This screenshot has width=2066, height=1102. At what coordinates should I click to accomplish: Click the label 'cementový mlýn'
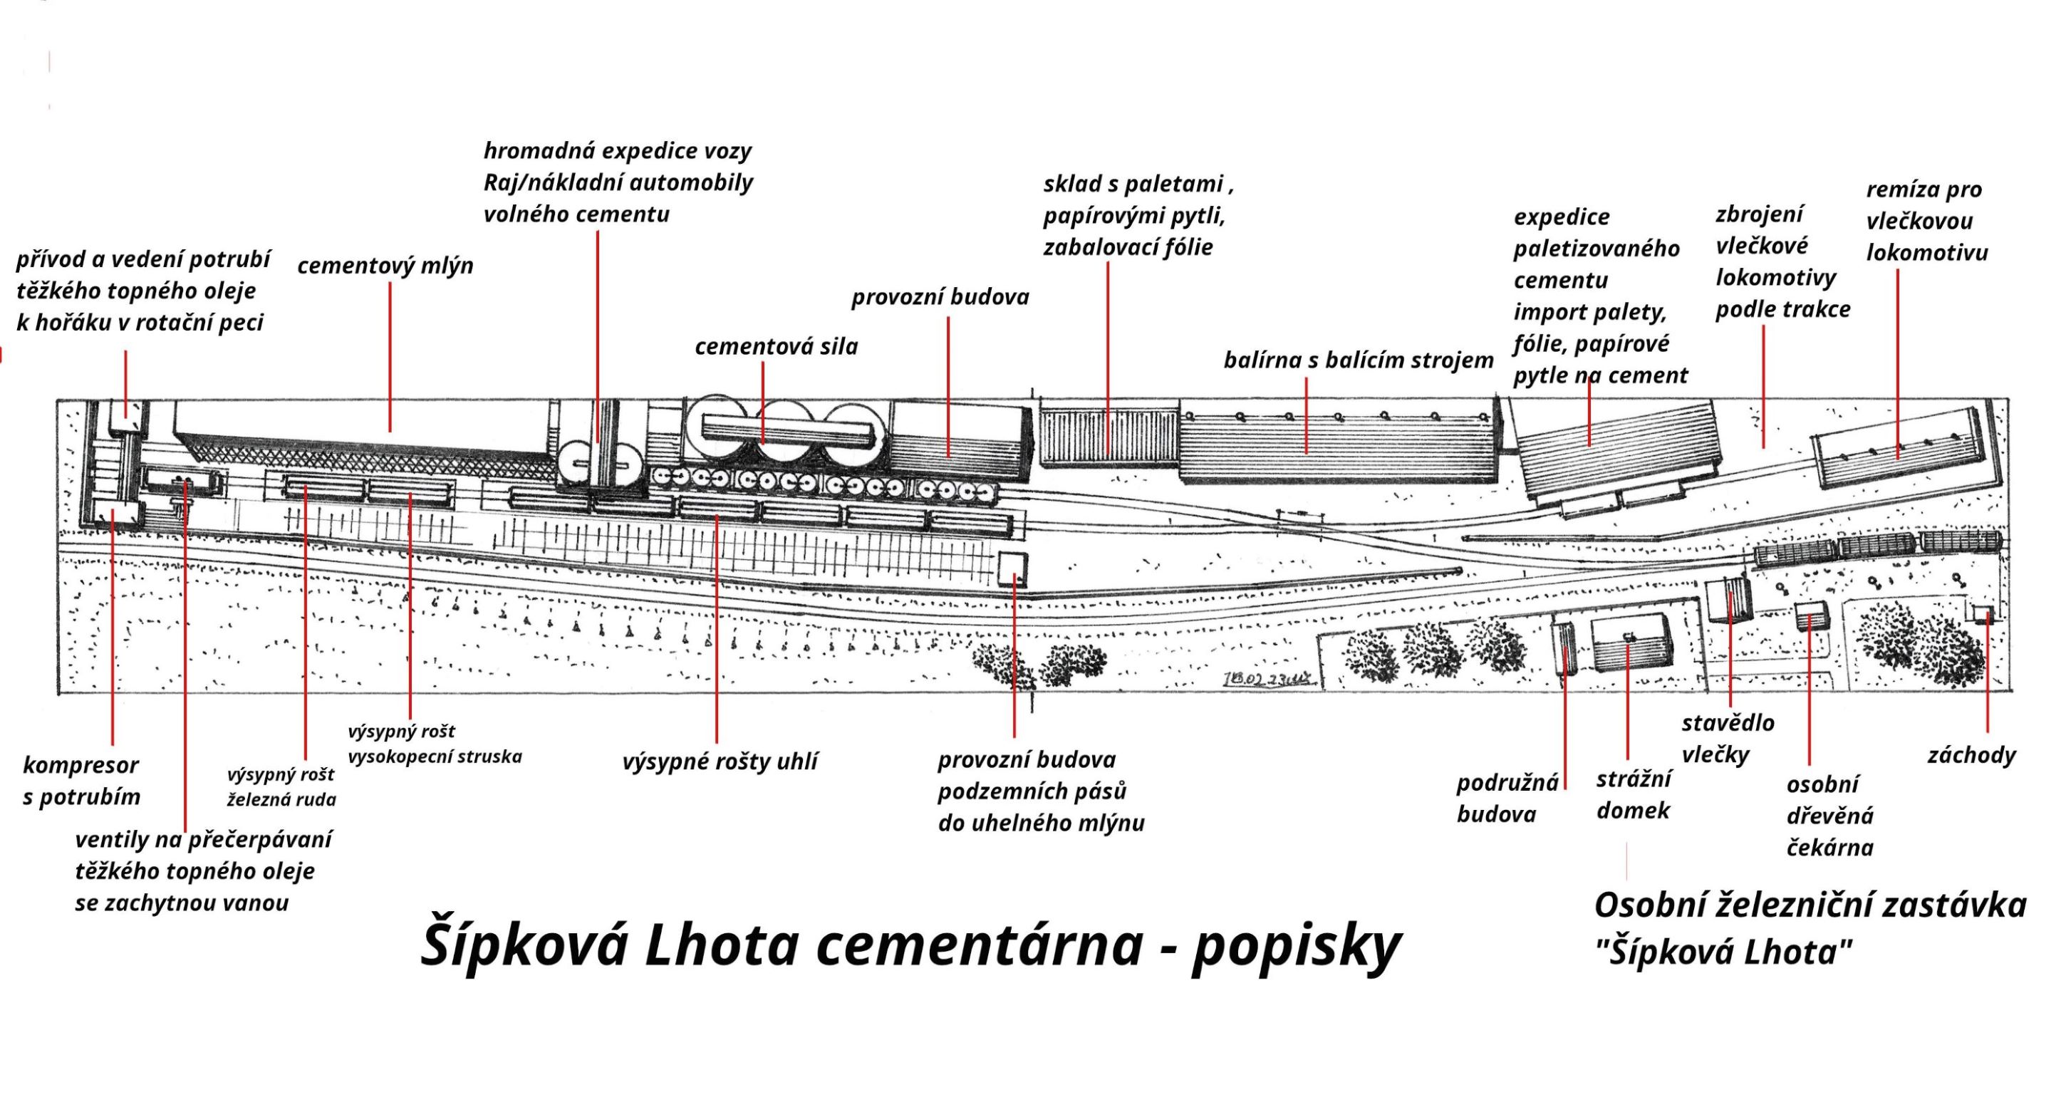point(385,266)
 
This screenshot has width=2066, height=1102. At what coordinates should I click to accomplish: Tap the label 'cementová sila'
point(776,346)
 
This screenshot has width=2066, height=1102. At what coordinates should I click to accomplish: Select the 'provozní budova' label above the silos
point(940,298)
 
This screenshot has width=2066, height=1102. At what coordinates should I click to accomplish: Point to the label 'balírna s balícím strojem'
point(1358,360)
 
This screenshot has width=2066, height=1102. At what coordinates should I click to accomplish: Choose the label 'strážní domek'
point(1634,794)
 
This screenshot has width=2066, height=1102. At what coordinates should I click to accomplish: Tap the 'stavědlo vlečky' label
point(1728,738)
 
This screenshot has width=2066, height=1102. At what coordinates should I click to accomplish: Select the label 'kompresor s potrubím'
point(81,781)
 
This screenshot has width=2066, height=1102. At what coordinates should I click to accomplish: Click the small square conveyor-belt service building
point(1013,568)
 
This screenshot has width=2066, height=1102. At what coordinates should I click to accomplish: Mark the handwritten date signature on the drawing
point(1270,679)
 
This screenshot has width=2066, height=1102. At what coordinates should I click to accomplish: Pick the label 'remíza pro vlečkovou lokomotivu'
point(1926,222)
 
